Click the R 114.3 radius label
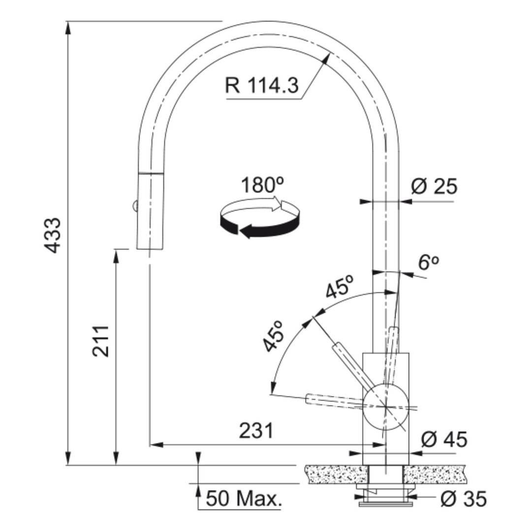tap(262, 85)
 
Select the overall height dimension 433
tap(53, 235)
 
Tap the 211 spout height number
tap(100, 341)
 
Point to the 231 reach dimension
tap(256, 431)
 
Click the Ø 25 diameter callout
tap(434, 186)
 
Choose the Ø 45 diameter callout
tap(444, 439)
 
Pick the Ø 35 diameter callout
tap(464, 499)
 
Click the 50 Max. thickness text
tap(244, 499)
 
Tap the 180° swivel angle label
tap(262, 185)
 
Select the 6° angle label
tap(429, 262)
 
